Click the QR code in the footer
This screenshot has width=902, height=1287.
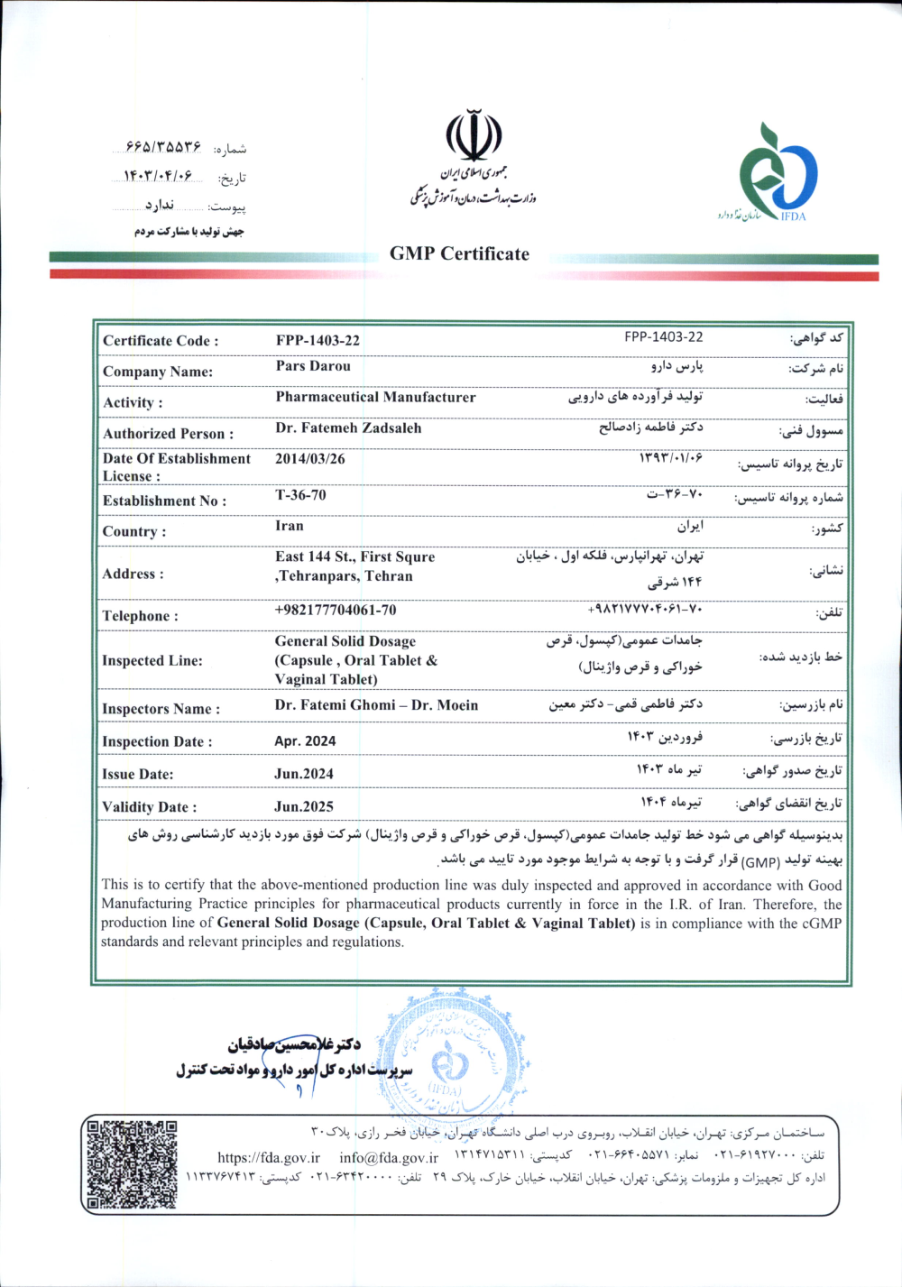(x=132, y=1164)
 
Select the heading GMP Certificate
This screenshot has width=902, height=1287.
(x=459, y=254)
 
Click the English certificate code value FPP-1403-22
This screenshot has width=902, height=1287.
(x=318, y=340)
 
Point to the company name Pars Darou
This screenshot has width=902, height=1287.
(x=313, y=366)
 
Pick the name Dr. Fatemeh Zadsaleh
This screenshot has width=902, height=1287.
(x=348, y=428)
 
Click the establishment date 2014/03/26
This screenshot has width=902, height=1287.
(x=309, y=459)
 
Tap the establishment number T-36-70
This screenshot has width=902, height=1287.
(x=300, y=495)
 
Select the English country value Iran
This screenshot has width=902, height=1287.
(x=290, y=526)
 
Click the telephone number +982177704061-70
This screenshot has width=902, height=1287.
(x=335, y=611)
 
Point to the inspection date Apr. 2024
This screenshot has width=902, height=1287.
(x=305, y=741)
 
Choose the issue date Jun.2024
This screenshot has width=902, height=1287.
(x=304, y=774)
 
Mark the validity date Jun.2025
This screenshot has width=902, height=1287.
(x=304, y=807)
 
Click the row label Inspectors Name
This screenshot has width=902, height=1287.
(x=161, y=709)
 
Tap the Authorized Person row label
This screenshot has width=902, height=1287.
(x=168, y=434)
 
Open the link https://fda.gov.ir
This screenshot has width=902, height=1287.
(x=269, y=1158)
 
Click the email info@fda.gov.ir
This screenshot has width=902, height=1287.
(x=389, y=1158)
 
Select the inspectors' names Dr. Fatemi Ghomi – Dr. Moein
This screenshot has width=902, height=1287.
(x=376, y=705)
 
